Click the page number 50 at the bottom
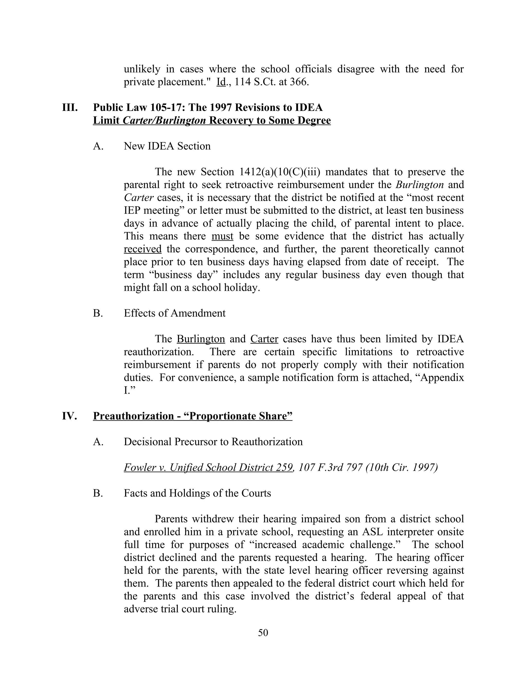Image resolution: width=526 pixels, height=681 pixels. click(263, 632)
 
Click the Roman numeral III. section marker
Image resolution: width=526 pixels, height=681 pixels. click(70, 108)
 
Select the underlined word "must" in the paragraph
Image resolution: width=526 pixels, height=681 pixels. click(222, 236)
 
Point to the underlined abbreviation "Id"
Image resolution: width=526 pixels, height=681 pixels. click(221, 82)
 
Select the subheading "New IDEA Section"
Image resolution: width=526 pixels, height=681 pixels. click(167, 146)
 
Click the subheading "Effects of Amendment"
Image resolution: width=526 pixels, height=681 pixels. click(174, 313)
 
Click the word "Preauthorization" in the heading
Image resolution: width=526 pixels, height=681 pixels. click(133, 416)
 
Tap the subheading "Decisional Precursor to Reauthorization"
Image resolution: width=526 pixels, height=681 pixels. click(213, 441)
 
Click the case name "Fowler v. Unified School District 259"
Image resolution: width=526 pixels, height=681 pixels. click(208, 467)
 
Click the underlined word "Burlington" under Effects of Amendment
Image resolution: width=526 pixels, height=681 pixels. click(201, 339)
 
